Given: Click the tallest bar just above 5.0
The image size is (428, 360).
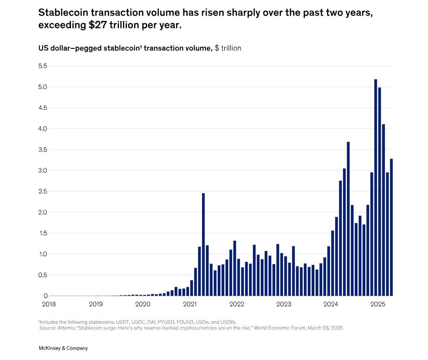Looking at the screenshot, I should tap(376, 187).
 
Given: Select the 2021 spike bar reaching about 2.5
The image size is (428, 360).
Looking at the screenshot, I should tap(203, 244).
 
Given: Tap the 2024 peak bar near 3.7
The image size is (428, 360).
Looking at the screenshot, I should tap(348, 218).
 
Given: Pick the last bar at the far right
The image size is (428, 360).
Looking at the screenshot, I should tap(391, 227).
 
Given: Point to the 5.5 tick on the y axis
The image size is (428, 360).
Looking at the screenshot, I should tap(42, 66).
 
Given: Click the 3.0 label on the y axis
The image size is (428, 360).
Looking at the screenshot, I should tap(42, 170).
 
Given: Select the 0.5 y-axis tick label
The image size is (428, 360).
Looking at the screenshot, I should tap(42, 275).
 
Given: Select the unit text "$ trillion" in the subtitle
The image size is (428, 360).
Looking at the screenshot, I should tap(228, 48).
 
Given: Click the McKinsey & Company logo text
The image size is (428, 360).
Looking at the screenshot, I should tap(63, 348).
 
